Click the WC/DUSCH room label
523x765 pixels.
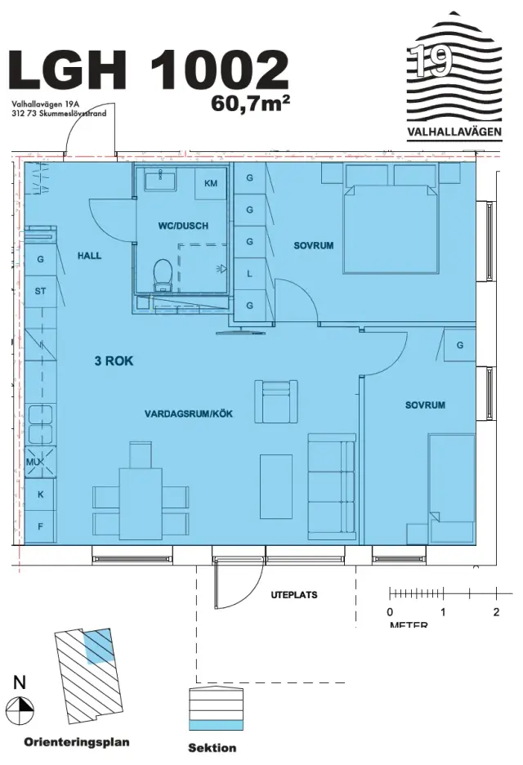tap(183, 226)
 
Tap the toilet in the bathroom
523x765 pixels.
tap(162, 275)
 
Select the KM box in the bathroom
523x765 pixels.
tap(211, 183)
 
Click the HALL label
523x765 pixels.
tap(89, 255)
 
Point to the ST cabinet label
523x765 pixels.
tap(41, 291)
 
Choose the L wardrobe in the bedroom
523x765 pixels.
tap(250, 274)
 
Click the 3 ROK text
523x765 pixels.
tap(114, 361)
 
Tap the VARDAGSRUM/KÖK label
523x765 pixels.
tap(189, 414)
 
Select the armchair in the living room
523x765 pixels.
tap(277, 401)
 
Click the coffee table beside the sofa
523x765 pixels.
tap(276, 486)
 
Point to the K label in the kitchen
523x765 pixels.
tap(41, 494)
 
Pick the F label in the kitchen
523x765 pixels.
tap(41, 527)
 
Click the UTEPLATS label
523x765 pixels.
tap(294, 595)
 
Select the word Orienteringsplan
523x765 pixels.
tap(77, 742)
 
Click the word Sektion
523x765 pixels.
tap(212, 748)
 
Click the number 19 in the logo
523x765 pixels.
tap(432, 61)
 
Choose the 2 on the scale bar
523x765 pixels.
tap(496, 612)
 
